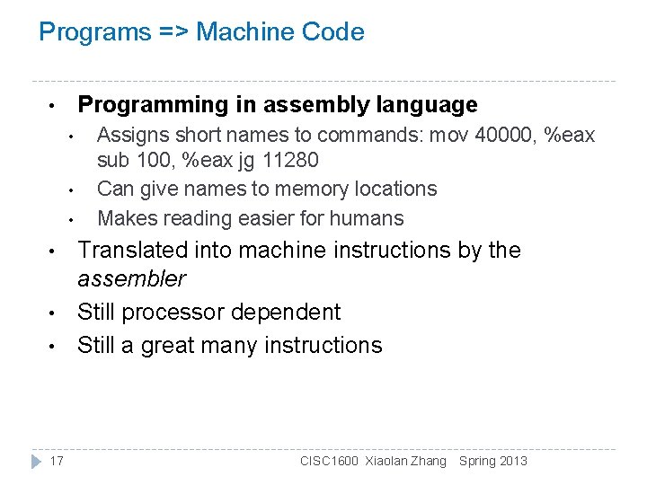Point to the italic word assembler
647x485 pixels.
(131, 279)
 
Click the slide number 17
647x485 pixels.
(57, 461)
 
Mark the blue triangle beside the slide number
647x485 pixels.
(36, 461)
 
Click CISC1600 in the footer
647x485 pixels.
(329, 461)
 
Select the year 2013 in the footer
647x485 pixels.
(512, 461)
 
